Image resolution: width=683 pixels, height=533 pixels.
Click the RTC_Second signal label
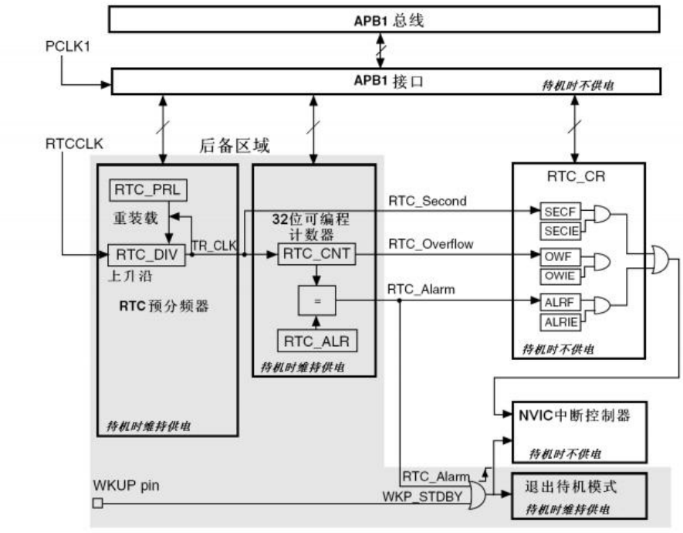pyautogui.click(x=428, y=201)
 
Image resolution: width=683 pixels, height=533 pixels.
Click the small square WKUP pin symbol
pyautogui.click(x=97, y=504)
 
